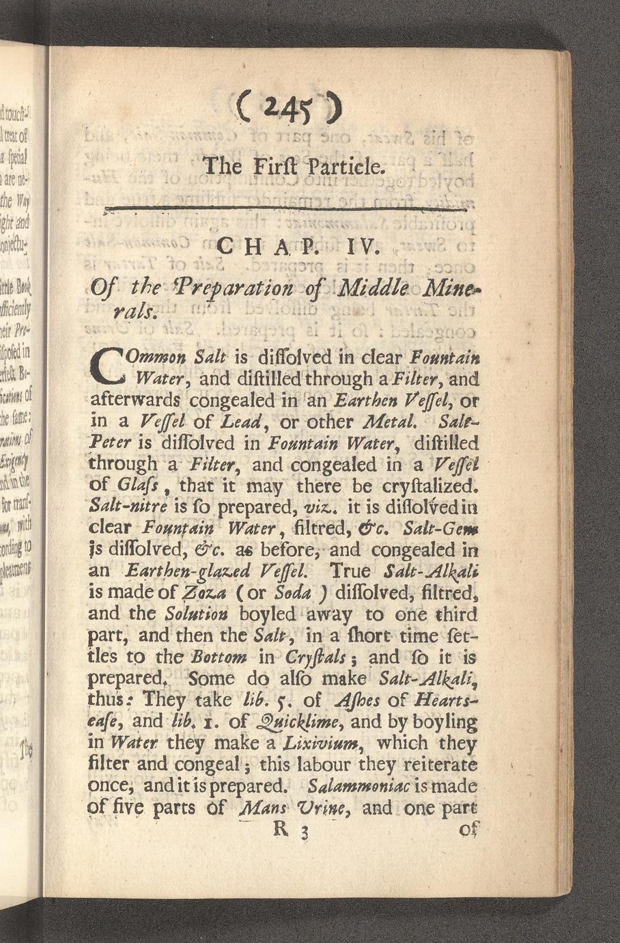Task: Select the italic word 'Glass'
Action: [x=130, y=487]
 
